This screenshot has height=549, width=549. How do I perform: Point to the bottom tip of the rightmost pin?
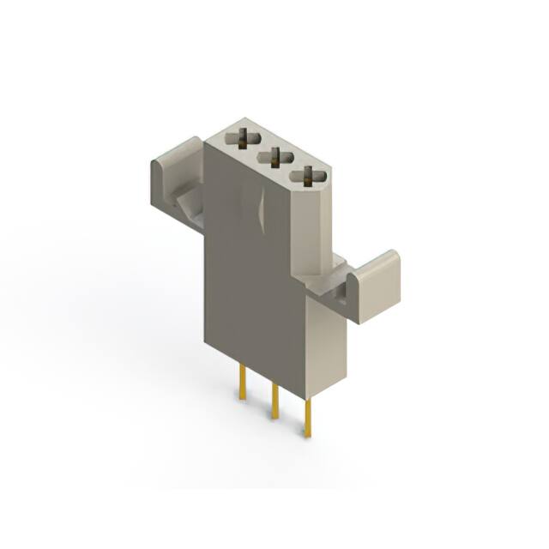(307, 436)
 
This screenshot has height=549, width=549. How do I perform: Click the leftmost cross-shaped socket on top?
(245, 136)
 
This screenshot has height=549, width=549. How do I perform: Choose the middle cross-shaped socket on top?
(276, 156)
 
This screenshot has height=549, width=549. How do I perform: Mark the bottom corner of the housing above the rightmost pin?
(307, 398)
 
